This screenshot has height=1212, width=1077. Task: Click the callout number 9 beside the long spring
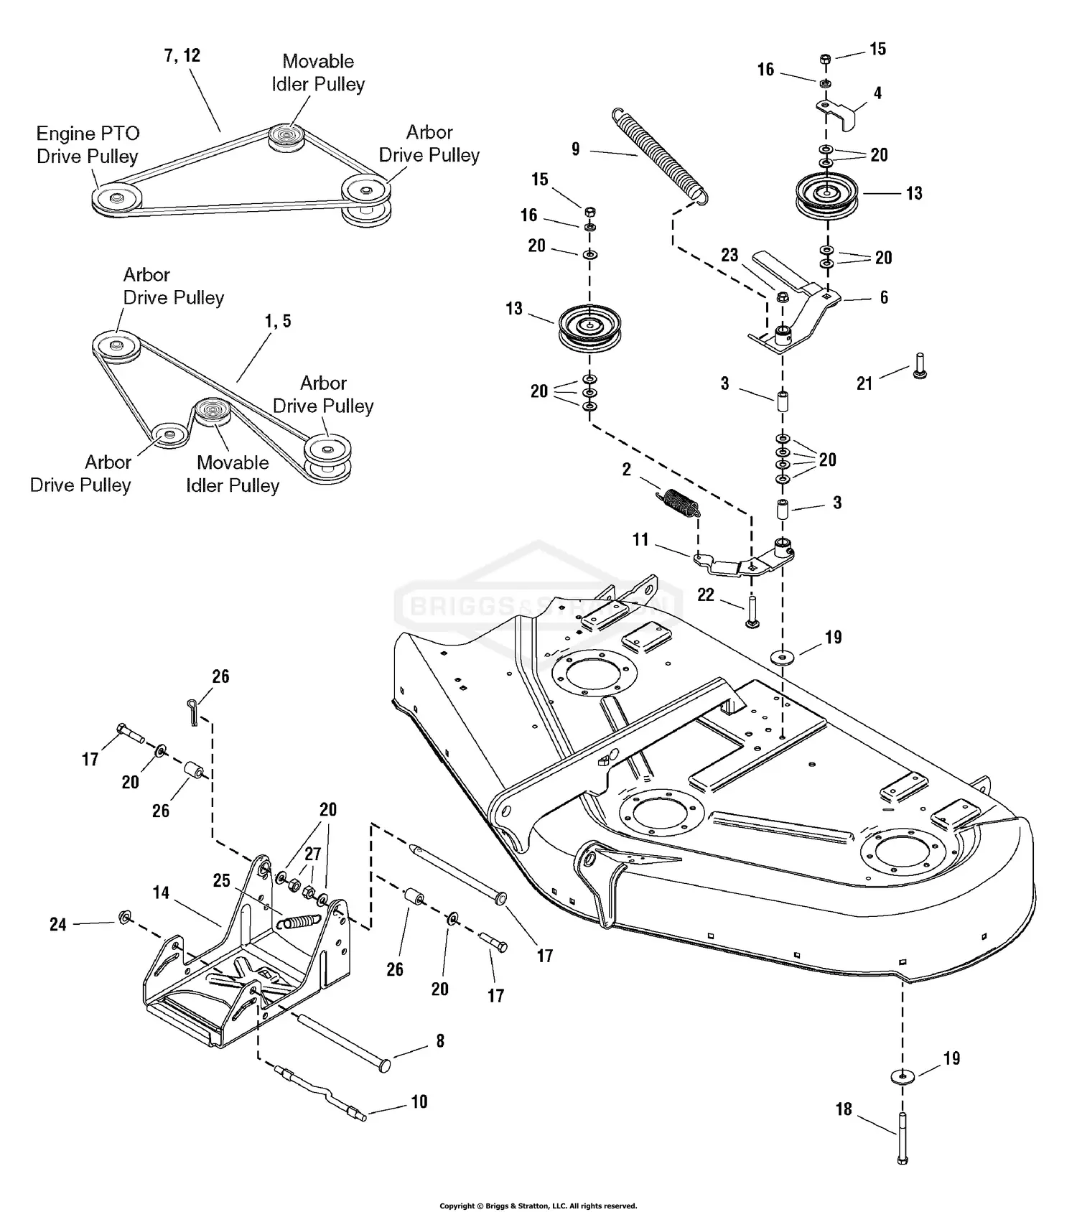click(576, 149)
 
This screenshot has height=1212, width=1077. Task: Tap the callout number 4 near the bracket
click(877, 93)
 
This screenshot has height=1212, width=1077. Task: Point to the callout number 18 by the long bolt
click(844, 1109)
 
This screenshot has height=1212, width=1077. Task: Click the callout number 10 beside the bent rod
click(419, 1101)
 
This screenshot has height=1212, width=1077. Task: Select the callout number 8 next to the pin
click(440, 1040)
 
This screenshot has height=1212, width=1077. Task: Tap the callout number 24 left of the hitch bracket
click(58, 924)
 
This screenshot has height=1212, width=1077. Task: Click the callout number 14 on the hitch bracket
click(161, 892)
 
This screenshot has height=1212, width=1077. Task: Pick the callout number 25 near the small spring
click(221, 880)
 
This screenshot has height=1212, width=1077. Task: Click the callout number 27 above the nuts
click(313, 854)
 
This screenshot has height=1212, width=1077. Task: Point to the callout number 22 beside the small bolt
click(706, 595)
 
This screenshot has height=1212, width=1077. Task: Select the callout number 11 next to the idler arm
click(640, 539)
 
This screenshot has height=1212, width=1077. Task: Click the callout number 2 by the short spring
click(627, 470)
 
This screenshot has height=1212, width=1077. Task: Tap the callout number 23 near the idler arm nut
click(729, 256)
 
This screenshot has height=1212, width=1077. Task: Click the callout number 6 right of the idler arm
click(884, 297)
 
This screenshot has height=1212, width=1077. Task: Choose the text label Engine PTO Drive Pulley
click(88, 145)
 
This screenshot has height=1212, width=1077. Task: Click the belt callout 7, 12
click(182, 55)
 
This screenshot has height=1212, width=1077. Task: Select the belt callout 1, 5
click(278, 321)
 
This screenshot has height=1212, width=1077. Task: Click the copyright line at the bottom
click(538, 1206)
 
